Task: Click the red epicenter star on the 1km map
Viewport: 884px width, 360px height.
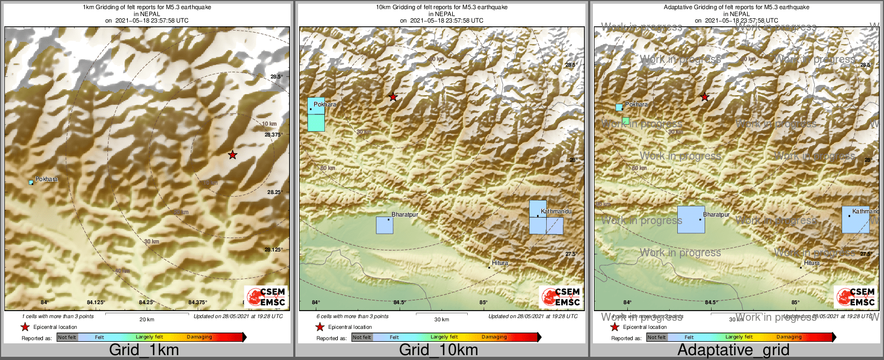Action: coord(232,155)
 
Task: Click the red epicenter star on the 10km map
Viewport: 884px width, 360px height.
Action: coord(393,97)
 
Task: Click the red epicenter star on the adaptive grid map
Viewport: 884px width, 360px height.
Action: coord(705,97)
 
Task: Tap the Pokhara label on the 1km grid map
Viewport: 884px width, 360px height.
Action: coord(47,179)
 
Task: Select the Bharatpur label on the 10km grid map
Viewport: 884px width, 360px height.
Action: coord(404,214)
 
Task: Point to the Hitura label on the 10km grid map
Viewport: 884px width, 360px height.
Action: coord(499,263)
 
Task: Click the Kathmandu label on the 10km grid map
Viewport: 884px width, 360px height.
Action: coord(556,211)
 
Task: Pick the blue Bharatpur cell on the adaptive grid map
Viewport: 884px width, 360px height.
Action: coord(691,219)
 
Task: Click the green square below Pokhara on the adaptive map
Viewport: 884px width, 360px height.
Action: coord(626,121)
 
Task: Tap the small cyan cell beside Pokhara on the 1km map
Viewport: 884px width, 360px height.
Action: coord(31,183)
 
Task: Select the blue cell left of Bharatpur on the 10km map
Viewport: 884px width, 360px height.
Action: coord(385,225)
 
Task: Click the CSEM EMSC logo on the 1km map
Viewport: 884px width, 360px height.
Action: coord(266,297)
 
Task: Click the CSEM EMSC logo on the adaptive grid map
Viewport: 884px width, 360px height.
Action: coord(856,297)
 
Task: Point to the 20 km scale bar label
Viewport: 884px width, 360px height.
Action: coord(147,319)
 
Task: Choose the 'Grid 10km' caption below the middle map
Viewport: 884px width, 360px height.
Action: coord(438,350)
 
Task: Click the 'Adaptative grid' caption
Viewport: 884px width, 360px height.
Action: coord(733,350)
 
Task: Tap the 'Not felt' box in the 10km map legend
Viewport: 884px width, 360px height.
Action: coord(362,337)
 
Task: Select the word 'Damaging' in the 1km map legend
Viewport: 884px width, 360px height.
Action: coord(199,337)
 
